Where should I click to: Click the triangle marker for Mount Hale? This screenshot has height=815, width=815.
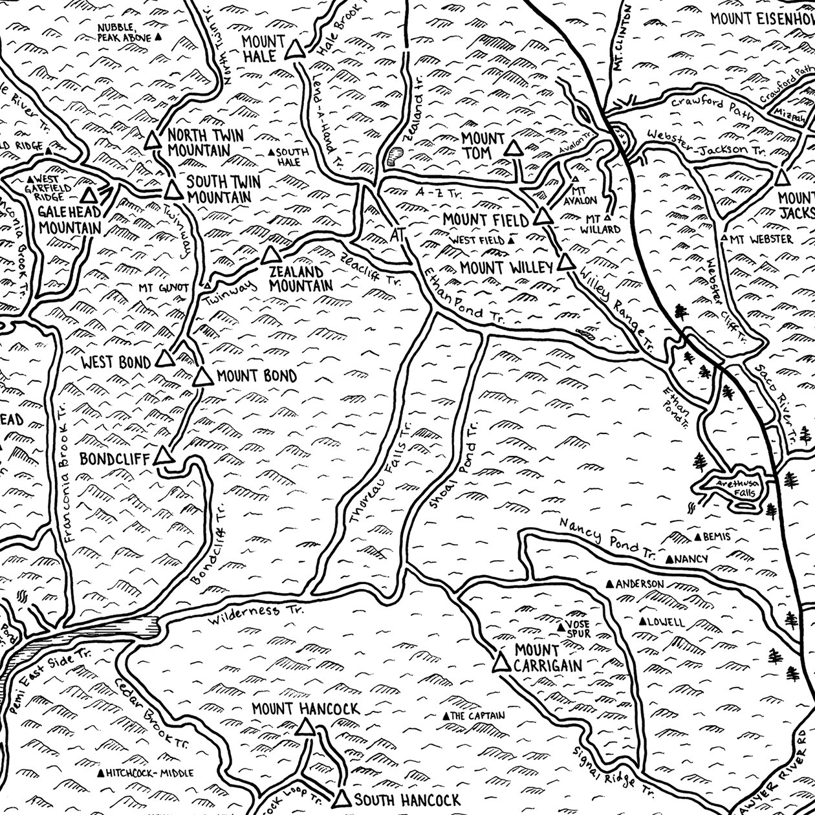[x=295, y=50]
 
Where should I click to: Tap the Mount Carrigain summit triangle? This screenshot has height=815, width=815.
[x=501, y=663]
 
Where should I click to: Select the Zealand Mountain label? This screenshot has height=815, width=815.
[x=300, y=279]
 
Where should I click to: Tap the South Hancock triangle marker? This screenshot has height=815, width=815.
[x=342, y=798]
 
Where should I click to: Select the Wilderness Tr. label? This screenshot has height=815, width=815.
[x=244, y=615]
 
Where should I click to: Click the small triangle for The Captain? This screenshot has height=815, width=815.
[x=445, y=716]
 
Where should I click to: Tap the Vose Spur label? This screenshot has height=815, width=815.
[x=578, y=629]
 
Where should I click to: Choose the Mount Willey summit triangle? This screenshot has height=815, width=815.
[x=567, y=262]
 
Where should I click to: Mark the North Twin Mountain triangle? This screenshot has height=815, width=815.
[x=153, y=140]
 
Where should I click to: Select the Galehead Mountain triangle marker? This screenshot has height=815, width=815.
[x=89, y=195]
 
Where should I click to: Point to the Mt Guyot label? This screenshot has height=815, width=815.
[x=163, y=287]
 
